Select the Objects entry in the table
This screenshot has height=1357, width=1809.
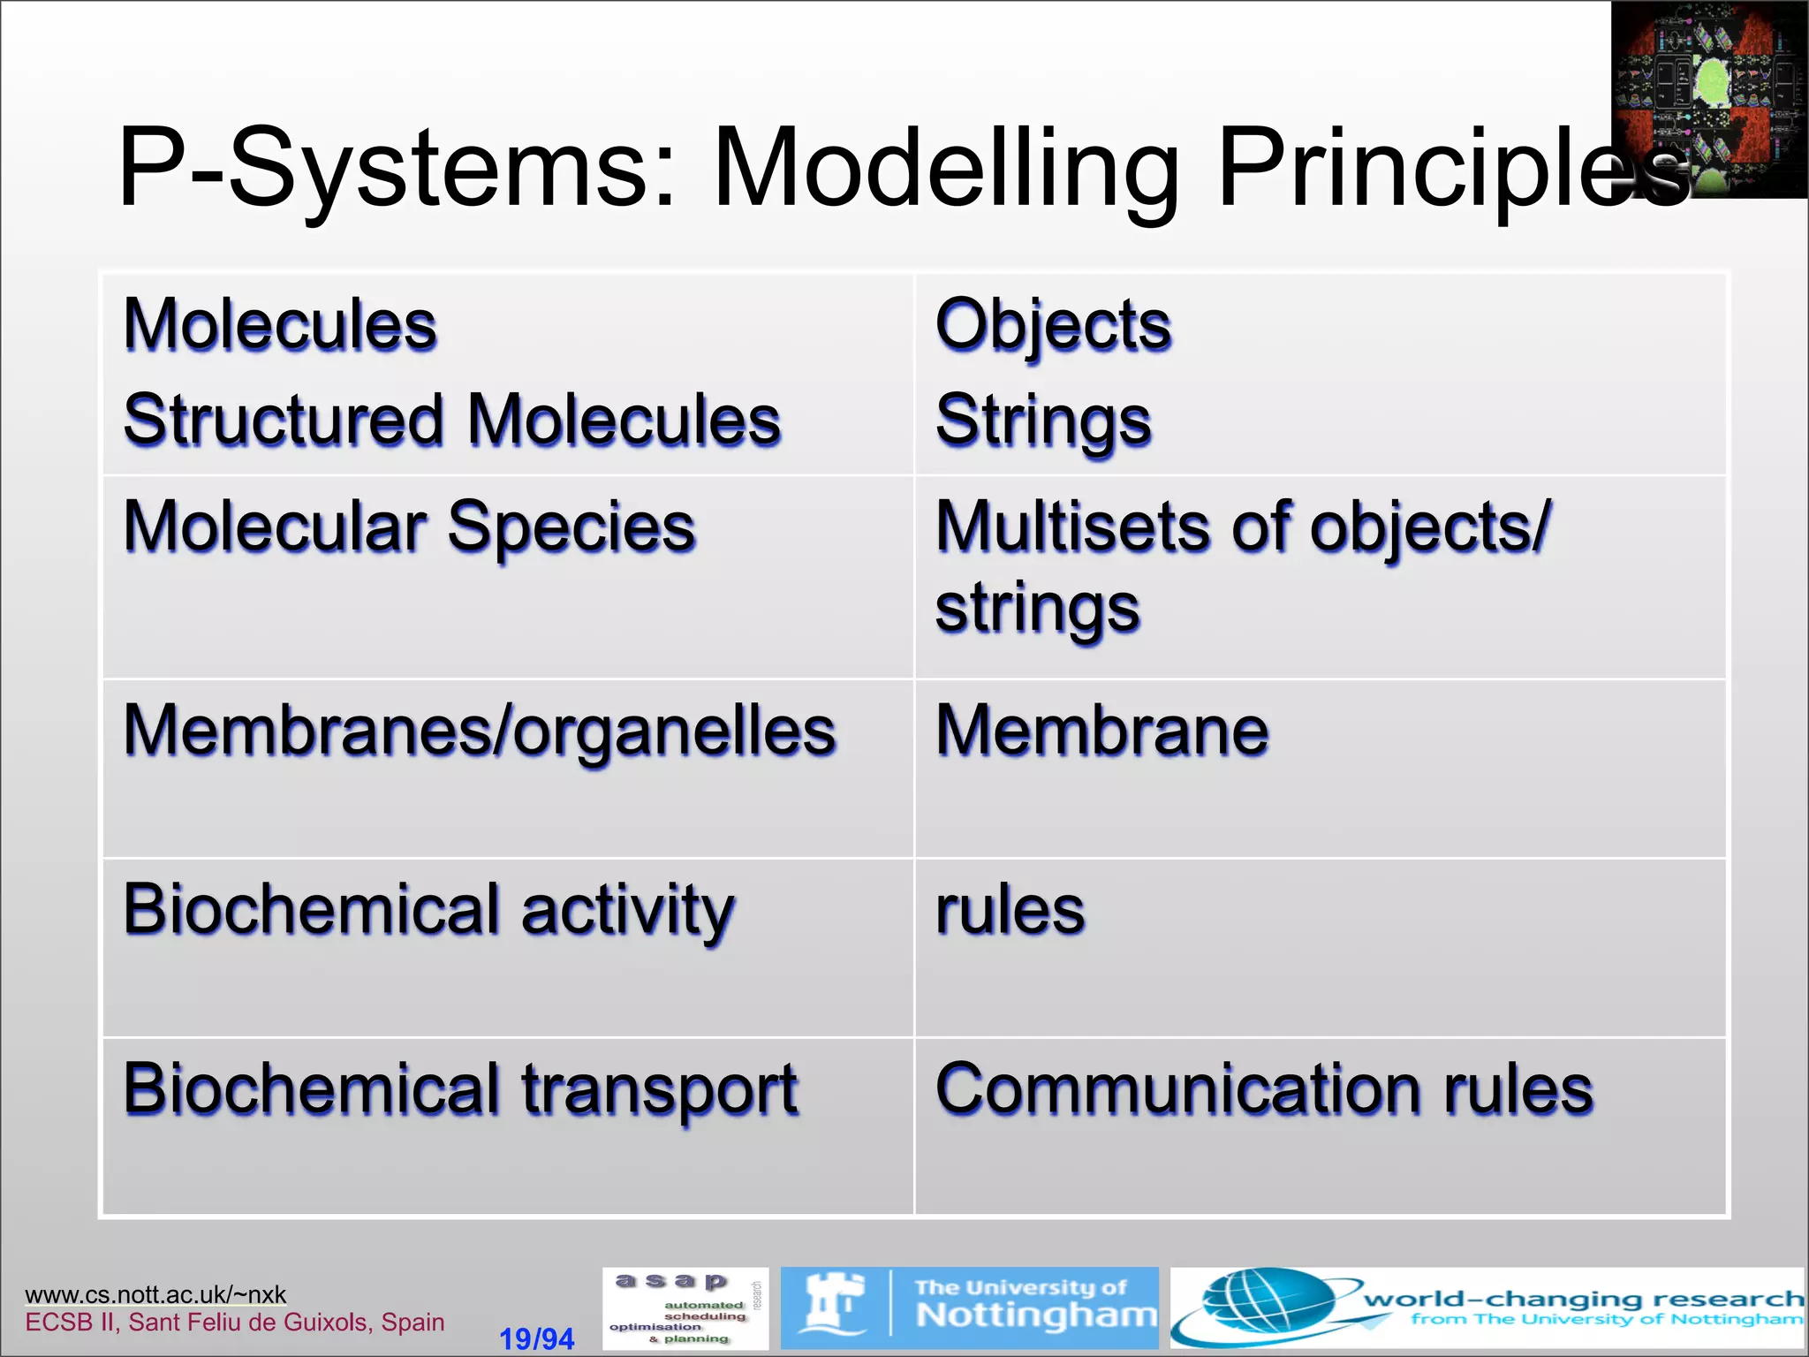point(1053,325)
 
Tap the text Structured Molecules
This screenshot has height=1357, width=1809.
point(452,420)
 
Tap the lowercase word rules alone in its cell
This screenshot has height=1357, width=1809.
point(1010,910)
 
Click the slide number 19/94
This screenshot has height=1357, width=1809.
point(536,1338)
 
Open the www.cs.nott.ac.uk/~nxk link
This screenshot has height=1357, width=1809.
point(155,1294)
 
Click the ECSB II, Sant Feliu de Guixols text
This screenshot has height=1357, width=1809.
point(234,1323)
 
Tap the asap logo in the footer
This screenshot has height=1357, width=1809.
point(685,1308)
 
